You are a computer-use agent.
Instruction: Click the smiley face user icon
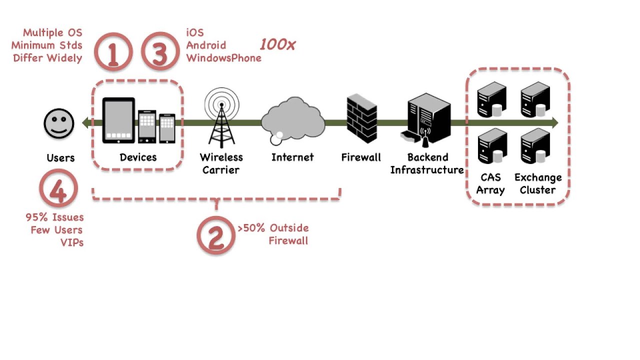[x=59, y=123]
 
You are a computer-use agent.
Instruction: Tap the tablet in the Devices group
[x=118, y=120]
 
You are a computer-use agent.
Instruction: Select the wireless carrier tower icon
[x=221, y=118]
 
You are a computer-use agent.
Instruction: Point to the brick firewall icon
[x=361, y=119]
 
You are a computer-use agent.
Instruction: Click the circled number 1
[x=113, y=52]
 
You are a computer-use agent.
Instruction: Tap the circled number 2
[x=215, y=235]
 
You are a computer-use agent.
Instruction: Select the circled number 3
[x=160, y=52]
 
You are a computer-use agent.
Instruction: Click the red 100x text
[x=277, y=44]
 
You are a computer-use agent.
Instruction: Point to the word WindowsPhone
[x=223, y=58]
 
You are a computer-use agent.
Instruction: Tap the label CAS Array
[x=490, y=183]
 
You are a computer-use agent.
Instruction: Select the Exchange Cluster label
[x=538, y=183]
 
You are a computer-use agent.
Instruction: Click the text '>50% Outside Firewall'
[x=273, y=234]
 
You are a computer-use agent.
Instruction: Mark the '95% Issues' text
[x=54, y=217]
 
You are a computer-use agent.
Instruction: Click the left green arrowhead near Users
[x=85, y=122]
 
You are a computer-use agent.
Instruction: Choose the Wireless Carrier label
[x=221, y=163]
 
